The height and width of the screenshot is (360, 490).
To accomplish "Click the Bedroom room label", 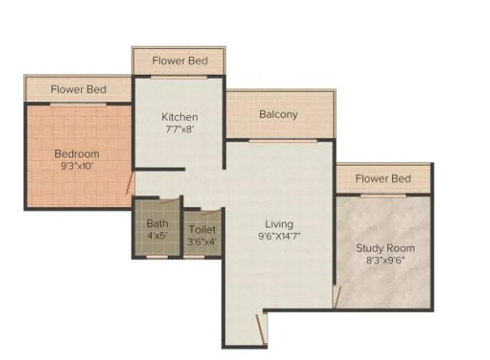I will (77, 153).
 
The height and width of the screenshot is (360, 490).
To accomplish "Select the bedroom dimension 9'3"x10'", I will (77, 166).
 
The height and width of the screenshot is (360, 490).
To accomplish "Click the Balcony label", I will (278, 114).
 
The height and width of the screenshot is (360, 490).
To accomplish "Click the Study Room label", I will (386, 247).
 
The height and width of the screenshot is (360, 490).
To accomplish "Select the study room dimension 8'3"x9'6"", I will (386, 260).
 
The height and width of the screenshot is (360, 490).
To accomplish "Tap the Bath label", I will (157, 224).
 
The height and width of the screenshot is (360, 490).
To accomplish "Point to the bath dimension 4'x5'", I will (157, 236).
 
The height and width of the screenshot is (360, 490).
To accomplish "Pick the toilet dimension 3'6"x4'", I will (202, 240).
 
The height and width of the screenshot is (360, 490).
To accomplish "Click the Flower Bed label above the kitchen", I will (181, 61).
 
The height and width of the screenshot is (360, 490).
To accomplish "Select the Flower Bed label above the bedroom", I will (78, 89).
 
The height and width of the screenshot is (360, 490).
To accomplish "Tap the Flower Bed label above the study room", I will (383, 178).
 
